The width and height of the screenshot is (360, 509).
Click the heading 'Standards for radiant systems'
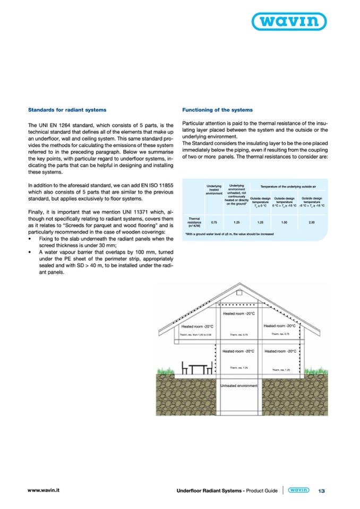(67, 110)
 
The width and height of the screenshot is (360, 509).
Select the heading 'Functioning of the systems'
(217, 110)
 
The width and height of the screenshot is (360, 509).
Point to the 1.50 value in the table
(285, 222)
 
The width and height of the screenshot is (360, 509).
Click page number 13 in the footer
(322, 491)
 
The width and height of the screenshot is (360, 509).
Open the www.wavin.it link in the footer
(43, 490)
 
